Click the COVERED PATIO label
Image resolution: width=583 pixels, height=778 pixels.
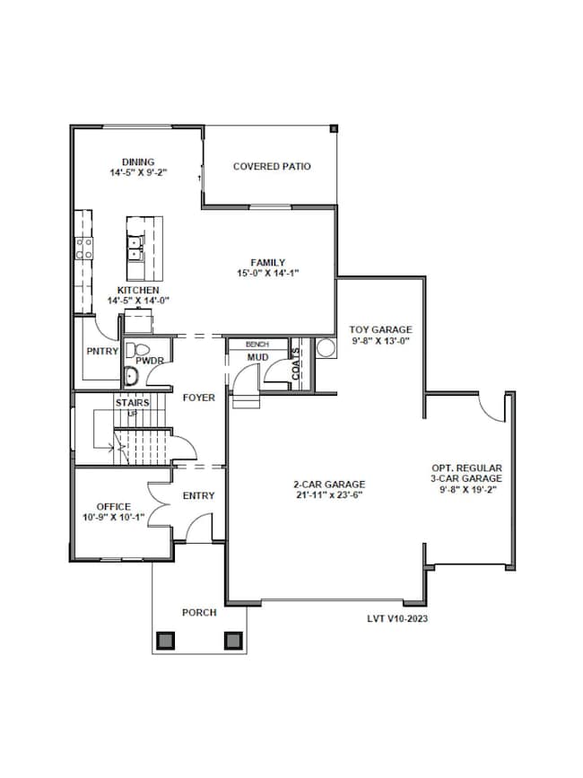(x=272, y=166)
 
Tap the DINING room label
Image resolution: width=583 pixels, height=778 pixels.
(x=138, y=162)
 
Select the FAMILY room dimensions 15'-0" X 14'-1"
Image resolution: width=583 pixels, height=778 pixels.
(x=267, y=273)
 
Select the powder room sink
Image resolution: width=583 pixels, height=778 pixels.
(x=131, y=376)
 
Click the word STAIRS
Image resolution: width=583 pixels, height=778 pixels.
(x=133, y=403)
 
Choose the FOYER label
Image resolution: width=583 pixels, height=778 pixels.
(x=198, y=398)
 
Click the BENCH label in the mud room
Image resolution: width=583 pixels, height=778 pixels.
(x=245, y=344)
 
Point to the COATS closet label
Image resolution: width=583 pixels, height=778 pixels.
(x=296, y=363)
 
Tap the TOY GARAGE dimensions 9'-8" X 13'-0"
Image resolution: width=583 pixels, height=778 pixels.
(x=381, y=341)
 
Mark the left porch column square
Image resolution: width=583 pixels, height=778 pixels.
(x=166, y=640)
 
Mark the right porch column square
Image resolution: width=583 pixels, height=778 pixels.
(x=232, y=640)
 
